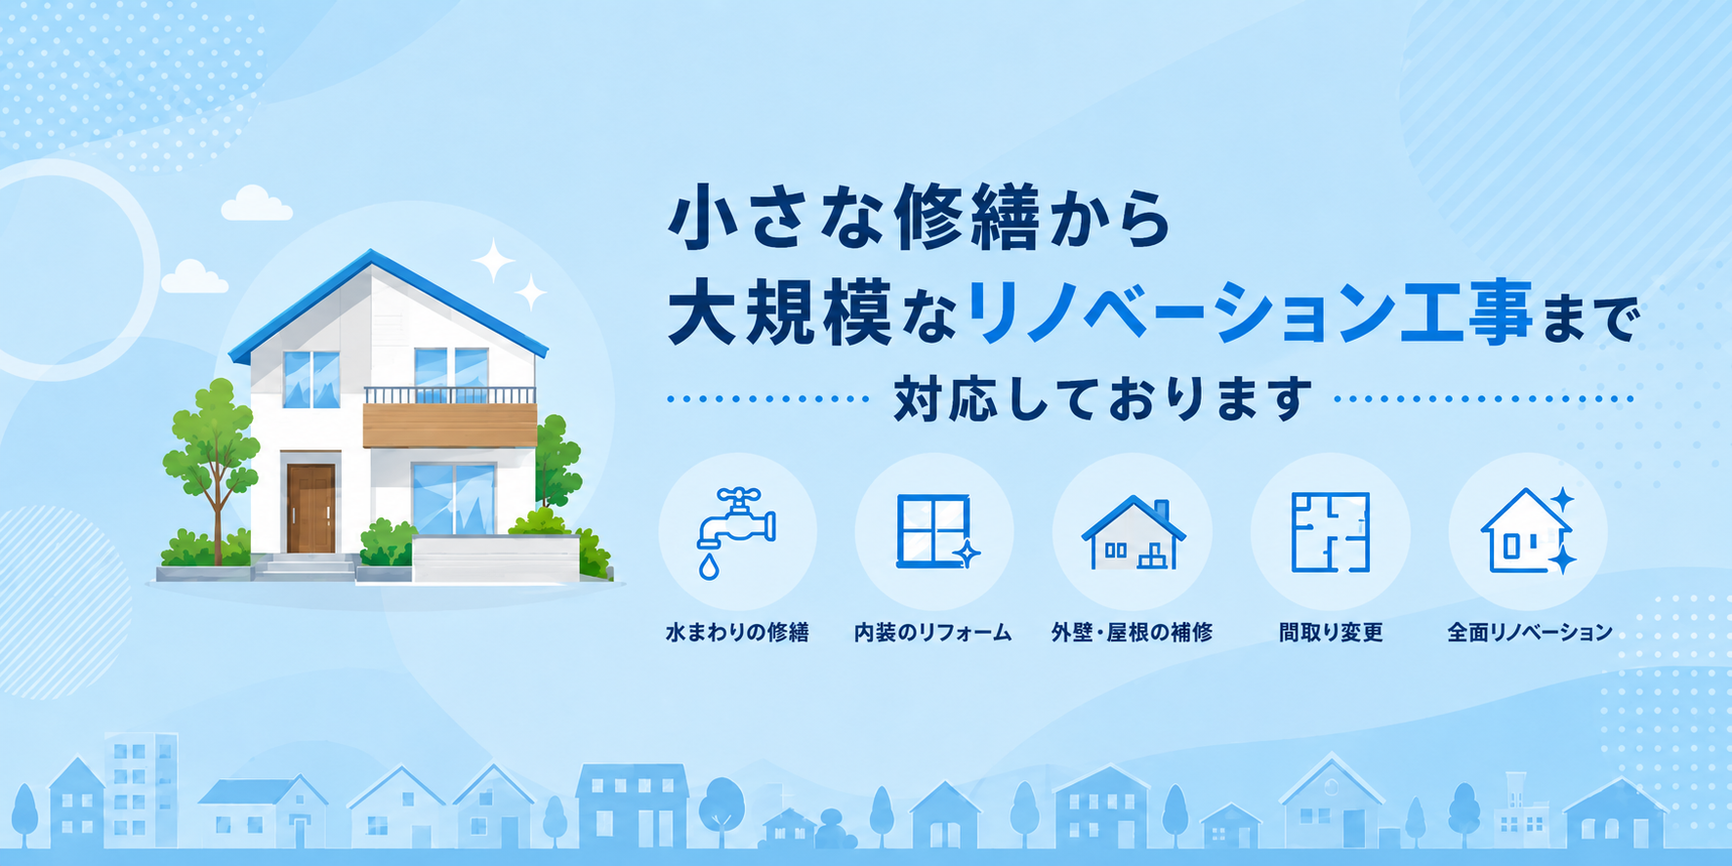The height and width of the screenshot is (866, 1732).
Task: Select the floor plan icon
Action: coord(1330,532)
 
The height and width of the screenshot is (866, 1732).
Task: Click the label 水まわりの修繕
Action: coord(737,633)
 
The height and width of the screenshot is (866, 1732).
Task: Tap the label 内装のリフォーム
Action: coord(933,633)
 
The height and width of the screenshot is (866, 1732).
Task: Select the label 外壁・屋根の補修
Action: coord(1132,633)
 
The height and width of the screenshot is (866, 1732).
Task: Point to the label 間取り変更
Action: coord(1331,633)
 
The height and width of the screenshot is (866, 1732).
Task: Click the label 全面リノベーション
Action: coord(1529,633)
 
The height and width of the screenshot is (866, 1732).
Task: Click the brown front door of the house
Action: coord(311,509)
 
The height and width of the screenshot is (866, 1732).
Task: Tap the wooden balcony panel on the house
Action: coord(450,426)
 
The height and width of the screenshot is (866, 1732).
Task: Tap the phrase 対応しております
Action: coord(1102,398)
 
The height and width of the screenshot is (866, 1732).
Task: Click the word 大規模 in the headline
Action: coord(780,312)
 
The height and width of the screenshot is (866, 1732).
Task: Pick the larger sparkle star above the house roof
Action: coord(494,261)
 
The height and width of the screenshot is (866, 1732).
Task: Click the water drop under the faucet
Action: coord(709,567)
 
